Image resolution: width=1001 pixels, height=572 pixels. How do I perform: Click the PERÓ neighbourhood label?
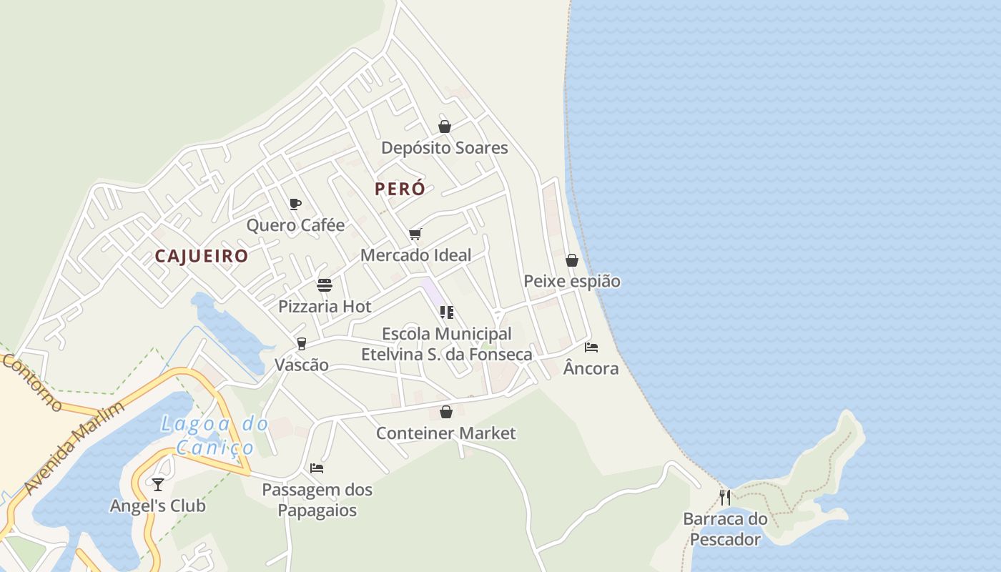[400, 189]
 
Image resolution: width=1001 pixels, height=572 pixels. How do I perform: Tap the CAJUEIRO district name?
[202, 256]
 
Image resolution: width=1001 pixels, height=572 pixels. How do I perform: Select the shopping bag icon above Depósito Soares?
[445, 127]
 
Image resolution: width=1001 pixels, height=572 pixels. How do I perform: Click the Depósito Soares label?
[444, 148]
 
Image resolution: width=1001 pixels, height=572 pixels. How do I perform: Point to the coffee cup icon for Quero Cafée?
[295, 204]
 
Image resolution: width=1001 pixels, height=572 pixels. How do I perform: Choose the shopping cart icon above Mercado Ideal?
[415, 234]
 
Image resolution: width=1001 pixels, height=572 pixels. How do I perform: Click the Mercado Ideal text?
[415, 255]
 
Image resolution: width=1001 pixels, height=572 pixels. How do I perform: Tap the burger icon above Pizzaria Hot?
[325, 285]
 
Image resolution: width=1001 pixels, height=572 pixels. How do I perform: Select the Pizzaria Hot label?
[325, 307]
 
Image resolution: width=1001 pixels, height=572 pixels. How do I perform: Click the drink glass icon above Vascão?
[302, 344]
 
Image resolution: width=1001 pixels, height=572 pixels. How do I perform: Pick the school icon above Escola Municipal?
[447, 312]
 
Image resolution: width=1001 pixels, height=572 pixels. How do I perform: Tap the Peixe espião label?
[572, 281]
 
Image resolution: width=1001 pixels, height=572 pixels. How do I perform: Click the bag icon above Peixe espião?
[572, 260]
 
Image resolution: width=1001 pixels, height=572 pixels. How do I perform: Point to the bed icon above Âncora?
[591, 347]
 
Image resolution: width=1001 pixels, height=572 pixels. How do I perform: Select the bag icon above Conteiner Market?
[446, 412]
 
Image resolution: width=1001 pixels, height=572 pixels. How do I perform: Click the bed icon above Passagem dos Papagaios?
[317, 468]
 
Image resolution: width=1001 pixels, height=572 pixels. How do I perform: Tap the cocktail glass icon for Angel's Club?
[158, 485]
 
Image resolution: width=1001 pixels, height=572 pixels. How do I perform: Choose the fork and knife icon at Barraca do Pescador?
[725, 498]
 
